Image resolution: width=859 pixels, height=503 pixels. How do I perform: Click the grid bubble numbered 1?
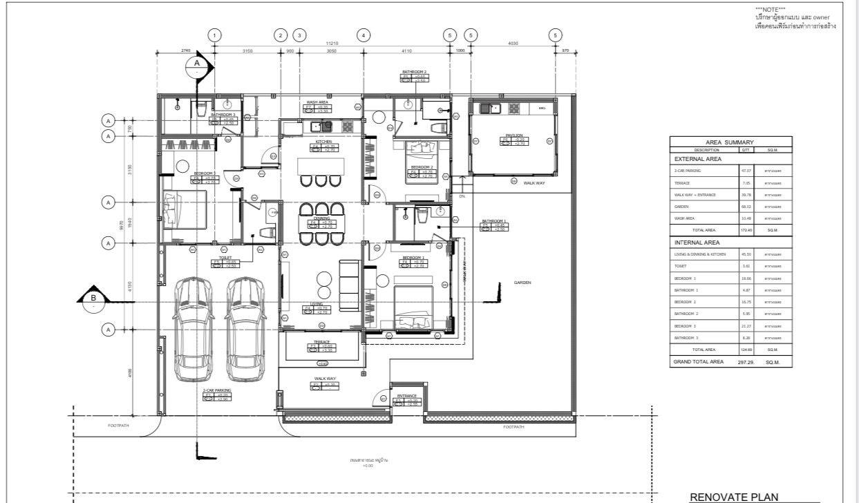point(216,35)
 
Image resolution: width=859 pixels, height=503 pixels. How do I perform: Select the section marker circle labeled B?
point(94,298)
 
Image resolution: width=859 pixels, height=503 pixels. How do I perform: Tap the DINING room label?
point(321,218)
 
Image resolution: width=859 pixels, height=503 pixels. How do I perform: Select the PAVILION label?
point(513,135)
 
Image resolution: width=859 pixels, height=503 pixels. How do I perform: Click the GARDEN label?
point(522,282)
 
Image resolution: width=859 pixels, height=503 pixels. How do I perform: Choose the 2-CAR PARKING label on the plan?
point(217,390)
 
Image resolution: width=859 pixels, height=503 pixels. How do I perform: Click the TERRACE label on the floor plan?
point(321,341)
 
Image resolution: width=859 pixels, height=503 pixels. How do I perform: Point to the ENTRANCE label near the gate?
point(406,396)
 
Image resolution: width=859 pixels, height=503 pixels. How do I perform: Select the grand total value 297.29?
point(746,361)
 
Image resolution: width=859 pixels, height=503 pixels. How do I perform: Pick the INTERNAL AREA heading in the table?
point(697,243)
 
